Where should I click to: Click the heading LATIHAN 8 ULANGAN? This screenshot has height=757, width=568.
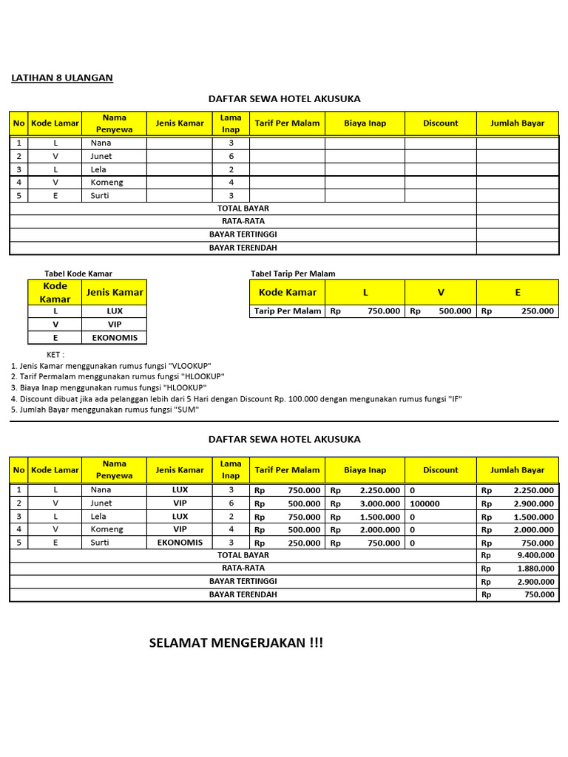point(62,78)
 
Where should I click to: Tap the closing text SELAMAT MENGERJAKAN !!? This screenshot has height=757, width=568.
point(236,642)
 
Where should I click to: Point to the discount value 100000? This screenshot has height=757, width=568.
point(425,503)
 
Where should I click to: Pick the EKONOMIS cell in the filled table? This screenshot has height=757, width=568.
point(180,542)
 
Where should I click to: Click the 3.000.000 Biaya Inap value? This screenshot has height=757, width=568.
point(380,503)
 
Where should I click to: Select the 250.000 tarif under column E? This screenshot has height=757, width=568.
point(537,311)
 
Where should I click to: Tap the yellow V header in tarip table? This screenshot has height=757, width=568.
point(440,292)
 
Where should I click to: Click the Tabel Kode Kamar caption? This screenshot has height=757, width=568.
point(78,274)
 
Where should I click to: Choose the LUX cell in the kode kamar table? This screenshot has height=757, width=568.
point(115,311)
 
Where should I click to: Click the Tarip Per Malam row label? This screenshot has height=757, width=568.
point(288,311)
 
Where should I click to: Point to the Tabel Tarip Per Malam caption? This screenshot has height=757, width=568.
point(293,274)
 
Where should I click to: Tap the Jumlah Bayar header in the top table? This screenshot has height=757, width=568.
point(517,123)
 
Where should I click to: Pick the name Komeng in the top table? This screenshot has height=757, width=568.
point(106,182)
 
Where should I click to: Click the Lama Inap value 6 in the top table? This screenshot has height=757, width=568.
point(231,156)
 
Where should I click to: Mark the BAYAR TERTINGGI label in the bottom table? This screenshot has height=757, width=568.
point(243,582)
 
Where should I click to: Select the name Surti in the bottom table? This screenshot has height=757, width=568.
point(101,542)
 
